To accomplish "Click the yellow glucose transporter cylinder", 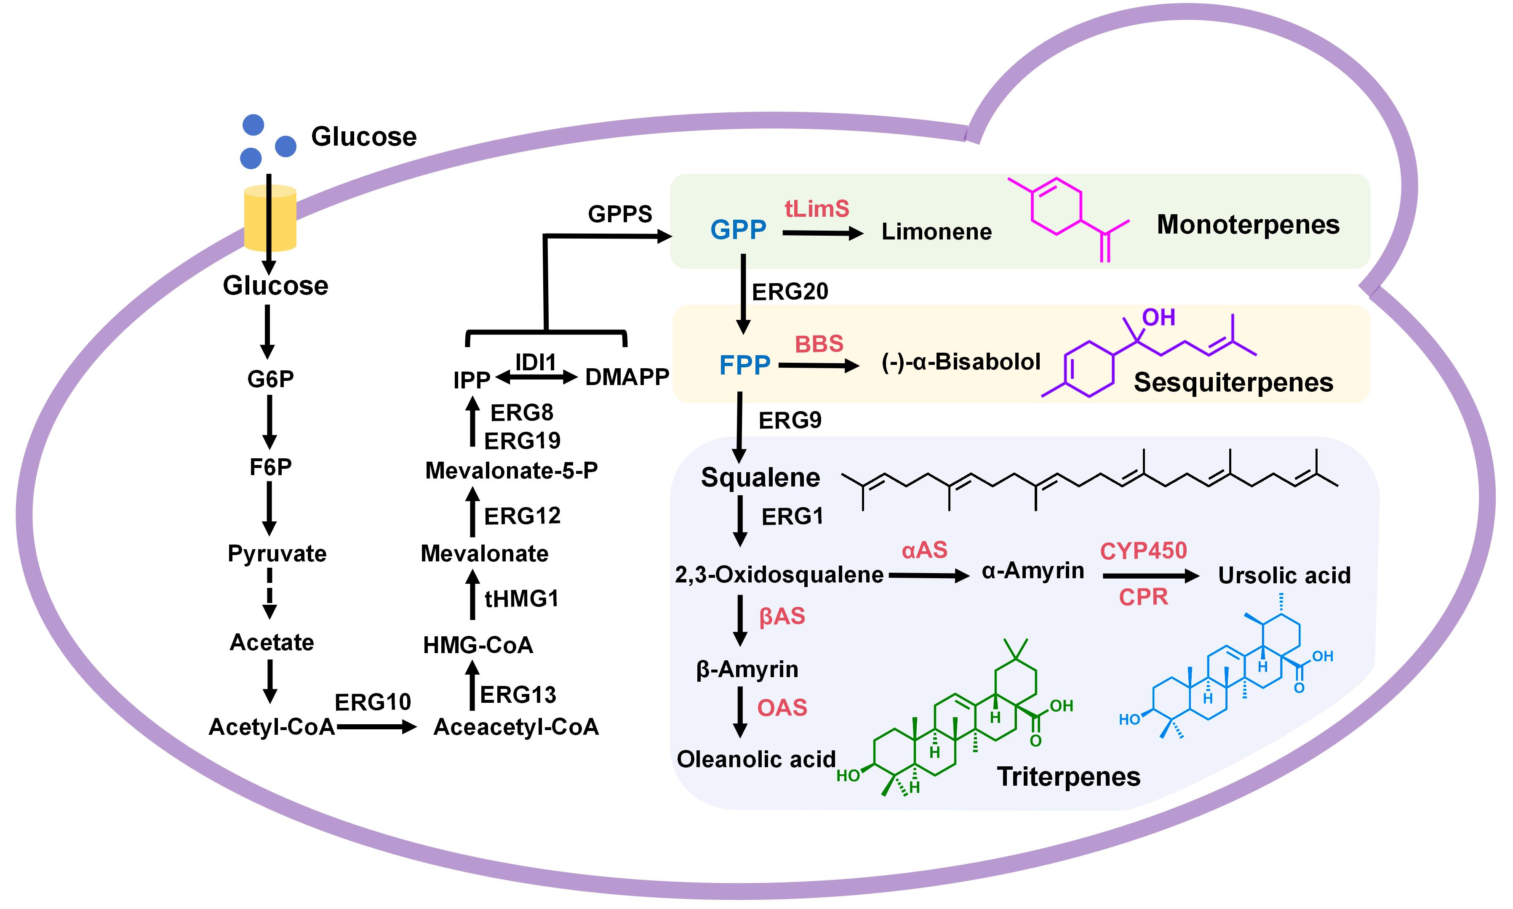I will pyautogui.click(x=270, y=219).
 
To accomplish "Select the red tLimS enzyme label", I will pyautogui.click(x=817, y=210).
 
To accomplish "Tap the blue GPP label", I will pyautogui.click(x=738, y=230).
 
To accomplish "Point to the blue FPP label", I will pyautogui.click(x=744, y=366).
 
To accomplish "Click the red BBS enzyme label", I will pyautogui.click(x=819, y=344).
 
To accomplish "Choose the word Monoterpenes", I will pyautogui.click(x=1248, y=225).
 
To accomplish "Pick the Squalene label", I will pyautogui.click(x=760, y=478).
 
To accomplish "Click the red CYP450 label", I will pyautogui.click(x=1143, y=551).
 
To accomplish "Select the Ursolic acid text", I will pyautogui.click(x=1284, y=576).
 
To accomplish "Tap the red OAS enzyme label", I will pyautogui.click(x=782, y=708).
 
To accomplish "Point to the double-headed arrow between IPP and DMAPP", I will pyautogui.click(x=536, y=378).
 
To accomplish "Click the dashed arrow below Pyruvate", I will pyautogui.click(x=270, y=593).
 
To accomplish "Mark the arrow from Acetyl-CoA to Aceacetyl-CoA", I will pyautogui.click(x=376, y=727).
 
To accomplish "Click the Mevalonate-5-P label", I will pyautogui.click(x=511, y=470).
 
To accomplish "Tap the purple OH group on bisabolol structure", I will pyautogui.click(x=1158, y=317).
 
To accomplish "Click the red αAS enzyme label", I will pyautogui.click(x=924, y=551).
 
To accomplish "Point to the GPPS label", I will pyautogui.click(x=619, y=214).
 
